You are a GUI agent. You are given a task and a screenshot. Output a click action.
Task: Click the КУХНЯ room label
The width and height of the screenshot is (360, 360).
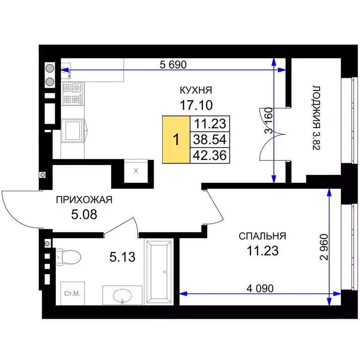coord(196,90)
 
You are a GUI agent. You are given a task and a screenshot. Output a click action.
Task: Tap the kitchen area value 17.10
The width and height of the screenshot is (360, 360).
coord(196,105)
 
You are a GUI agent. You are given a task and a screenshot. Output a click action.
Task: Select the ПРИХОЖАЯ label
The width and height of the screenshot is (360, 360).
coord(84,200)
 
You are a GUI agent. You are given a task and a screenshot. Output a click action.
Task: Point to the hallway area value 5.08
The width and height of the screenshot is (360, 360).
coord(84,214)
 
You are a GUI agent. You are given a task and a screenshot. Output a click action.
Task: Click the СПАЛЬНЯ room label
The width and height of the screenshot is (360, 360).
coord(262,236)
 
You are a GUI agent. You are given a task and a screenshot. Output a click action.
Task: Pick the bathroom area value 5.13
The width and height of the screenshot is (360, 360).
coord(122,257)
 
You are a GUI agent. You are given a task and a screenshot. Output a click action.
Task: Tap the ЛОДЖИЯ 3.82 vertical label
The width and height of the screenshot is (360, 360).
coord(316,118)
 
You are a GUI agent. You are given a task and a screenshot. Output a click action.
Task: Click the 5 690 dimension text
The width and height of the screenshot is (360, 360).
coord(173,65)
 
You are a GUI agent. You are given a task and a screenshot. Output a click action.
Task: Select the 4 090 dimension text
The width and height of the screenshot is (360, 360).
coord(260,288)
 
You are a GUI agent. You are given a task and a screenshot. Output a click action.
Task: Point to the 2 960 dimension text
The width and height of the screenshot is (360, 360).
coord(324,247)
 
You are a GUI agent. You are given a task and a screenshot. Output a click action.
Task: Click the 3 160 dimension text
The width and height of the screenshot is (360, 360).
coord(269,120)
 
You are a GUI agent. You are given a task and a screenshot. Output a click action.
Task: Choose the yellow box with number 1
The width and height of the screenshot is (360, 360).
coord(176,140)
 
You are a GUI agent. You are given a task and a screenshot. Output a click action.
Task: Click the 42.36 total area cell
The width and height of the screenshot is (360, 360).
coord(210,156)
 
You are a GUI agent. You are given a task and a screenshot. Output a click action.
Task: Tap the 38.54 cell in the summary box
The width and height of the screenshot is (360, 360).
coord(210,140)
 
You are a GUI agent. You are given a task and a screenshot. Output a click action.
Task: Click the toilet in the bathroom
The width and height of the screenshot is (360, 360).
coord(68,257)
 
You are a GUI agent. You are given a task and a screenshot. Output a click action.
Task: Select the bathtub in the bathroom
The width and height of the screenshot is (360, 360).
coord(158,272)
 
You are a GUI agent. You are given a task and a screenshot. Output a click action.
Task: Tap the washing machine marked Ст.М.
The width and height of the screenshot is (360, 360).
coord(73,293)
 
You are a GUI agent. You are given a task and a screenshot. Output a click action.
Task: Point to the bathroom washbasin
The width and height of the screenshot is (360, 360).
coord(122,295)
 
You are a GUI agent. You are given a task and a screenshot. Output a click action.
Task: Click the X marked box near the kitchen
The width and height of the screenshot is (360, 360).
coord(136,171)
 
